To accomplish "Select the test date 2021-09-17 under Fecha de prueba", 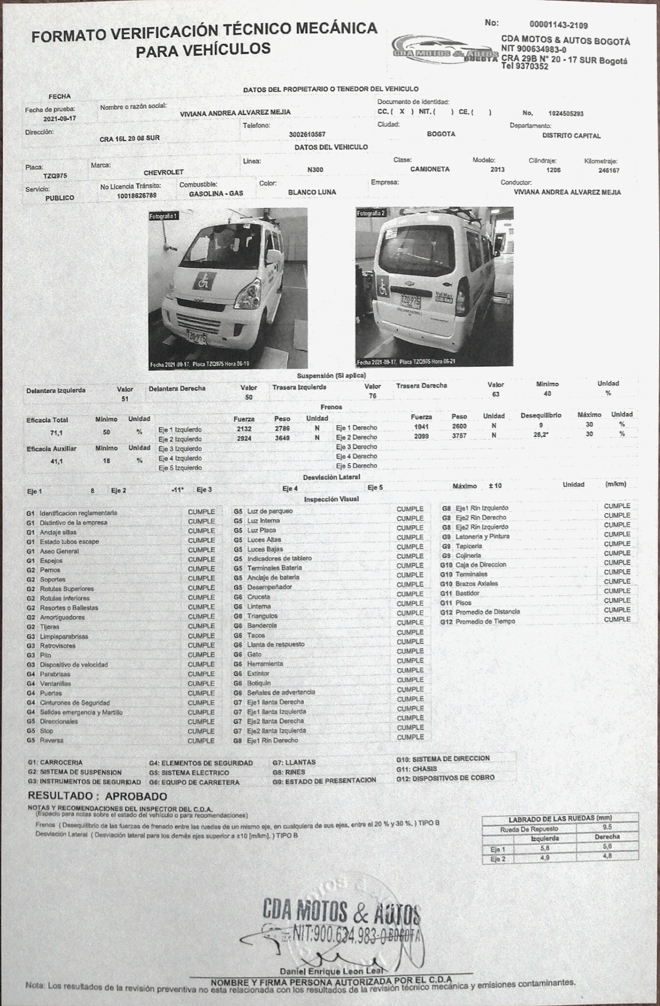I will coord(59,118).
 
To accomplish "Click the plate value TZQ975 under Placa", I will coord(55,175).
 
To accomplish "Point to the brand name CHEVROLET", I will coord(163,172).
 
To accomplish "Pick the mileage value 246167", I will coord(609,170).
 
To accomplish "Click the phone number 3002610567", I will coord(307,135).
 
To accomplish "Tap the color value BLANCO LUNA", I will coord(312,192).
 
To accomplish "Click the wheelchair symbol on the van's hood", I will coord(202,282).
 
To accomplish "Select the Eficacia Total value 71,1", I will coord(56,433).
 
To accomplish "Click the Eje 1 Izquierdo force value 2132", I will coord(244,429).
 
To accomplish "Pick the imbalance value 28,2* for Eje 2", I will coord(540,434).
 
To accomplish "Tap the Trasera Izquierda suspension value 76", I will coord(372,396).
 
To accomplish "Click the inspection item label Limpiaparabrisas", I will coord(64,636).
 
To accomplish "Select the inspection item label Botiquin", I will coord(259,683).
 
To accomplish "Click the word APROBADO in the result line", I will coord(136,796).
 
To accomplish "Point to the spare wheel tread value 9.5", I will coord(606,827).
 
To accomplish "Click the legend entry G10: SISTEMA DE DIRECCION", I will coord(443,759).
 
